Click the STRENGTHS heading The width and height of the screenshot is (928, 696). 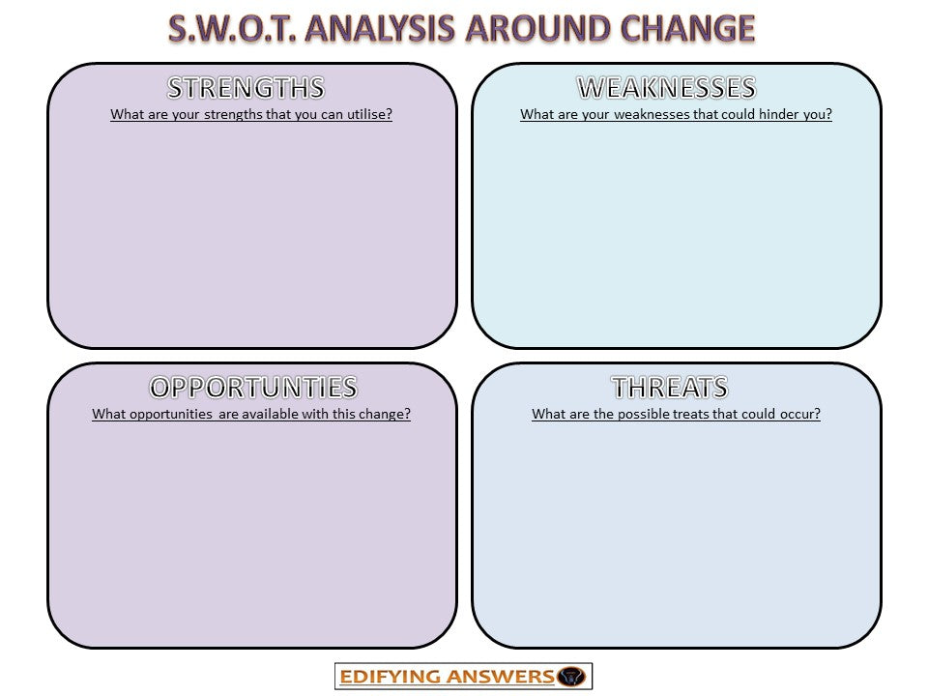tap(246, 88)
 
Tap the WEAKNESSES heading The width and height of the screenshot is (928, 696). tap(666, 88)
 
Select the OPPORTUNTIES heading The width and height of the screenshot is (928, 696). tap(252, 388)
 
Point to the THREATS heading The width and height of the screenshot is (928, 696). tap(670, 388)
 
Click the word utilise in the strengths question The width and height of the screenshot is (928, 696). tap(360, 114)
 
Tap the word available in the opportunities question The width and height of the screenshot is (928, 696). tap(284, 414)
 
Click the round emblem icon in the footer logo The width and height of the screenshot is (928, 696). tap(572, 677)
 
